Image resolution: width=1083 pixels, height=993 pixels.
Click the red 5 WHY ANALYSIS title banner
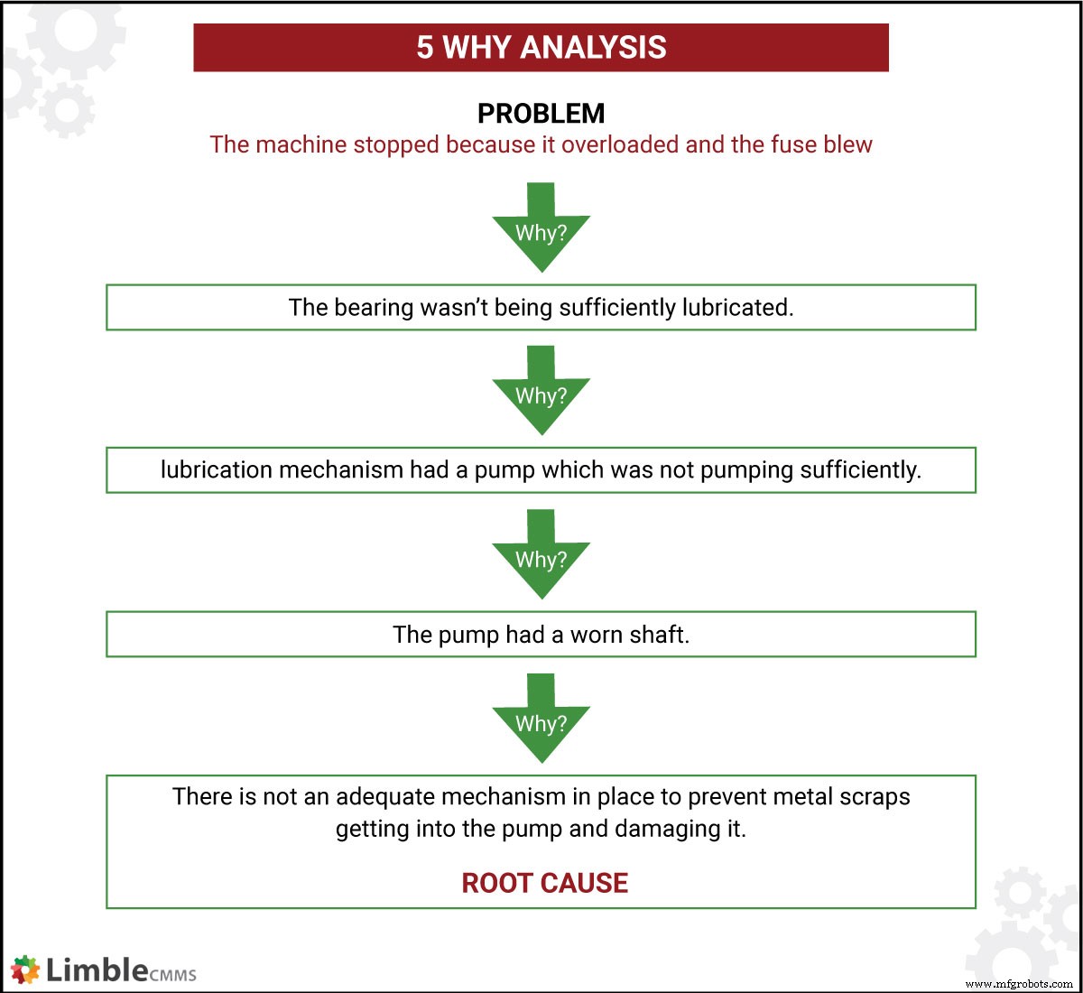(541, 48)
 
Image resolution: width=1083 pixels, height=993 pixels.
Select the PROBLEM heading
(541, 114)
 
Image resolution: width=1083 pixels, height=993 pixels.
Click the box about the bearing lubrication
(541, 308)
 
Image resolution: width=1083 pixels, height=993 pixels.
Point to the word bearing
(373, 308)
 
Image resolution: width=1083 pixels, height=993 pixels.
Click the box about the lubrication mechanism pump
(541, 470)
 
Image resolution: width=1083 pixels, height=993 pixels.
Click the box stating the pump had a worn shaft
(541, 635)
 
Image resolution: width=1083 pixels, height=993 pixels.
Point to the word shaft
(659, 635)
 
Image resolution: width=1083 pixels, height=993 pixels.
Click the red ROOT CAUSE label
(544, 883)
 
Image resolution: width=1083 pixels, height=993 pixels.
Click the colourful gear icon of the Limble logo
(25, 970)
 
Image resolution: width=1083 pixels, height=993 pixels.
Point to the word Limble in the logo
(97, 970)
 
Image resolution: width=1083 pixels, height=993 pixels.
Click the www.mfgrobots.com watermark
(1019, 984)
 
